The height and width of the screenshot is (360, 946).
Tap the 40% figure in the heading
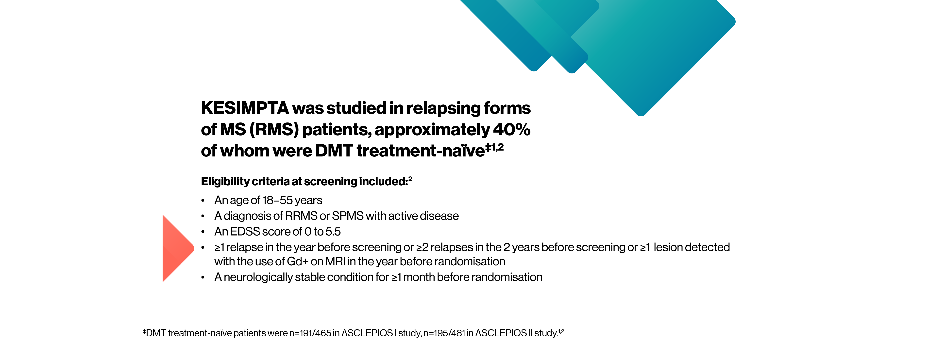[x=512, y=130]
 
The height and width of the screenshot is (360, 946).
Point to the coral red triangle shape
[x=176, y=249]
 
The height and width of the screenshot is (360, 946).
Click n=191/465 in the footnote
[x=310, y=333]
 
